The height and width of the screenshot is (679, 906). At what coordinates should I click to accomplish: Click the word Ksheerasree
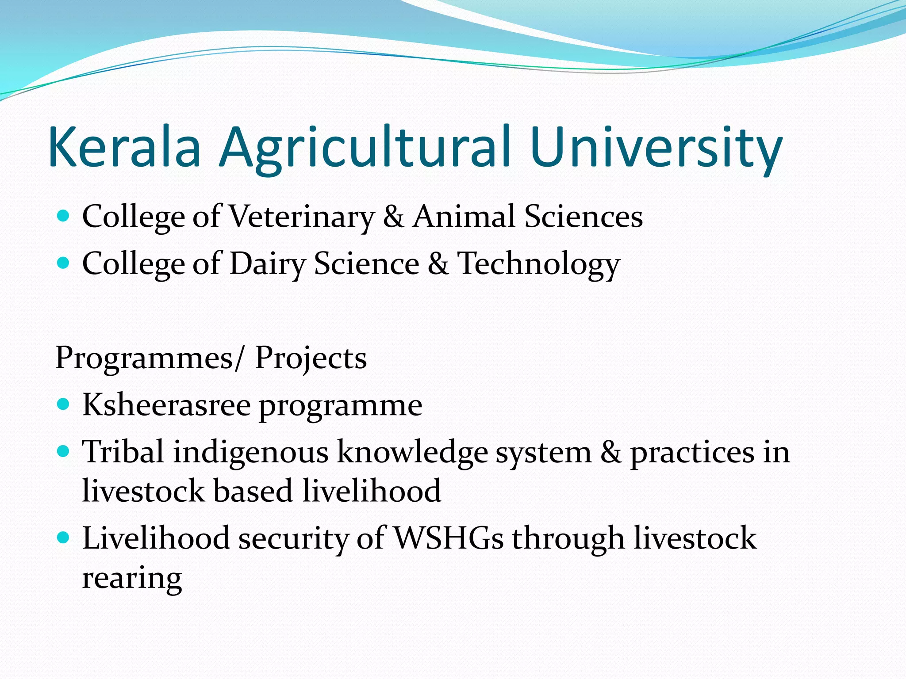tap(166, 405)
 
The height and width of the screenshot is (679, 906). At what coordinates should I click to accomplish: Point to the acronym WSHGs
tap(448, 538)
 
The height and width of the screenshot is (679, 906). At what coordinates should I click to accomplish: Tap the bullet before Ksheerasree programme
tap(64, 404)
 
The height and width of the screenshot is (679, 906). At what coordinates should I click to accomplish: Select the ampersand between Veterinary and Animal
tap(393, 217)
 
